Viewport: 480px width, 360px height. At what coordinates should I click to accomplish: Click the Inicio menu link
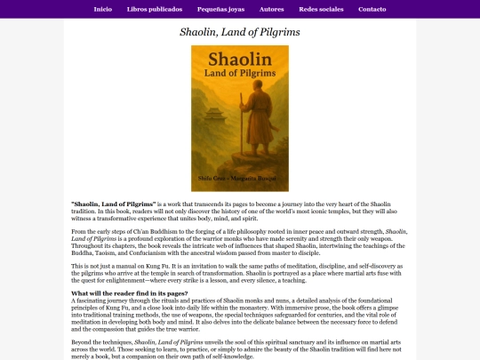pos(102,9)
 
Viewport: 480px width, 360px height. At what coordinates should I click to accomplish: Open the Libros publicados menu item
pos(155,9)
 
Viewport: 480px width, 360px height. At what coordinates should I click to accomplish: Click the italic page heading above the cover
pos(240,32)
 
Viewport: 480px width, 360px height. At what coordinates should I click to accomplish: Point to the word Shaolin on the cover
pos(239,61)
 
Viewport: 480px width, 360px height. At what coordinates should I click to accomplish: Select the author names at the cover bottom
pos(239,180)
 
